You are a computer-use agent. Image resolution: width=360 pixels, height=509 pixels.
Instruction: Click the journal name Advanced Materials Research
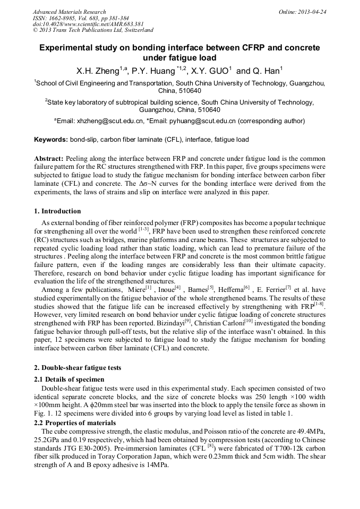(70, 12)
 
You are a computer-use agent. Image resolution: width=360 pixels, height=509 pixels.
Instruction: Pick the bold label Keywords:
(51, 140)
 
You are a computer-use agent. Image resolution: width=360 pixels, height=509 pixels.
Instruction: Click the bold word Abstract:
(49, 159)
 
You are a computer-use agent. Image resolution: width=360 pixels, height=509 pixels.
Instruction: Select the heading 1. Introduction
(57, 211)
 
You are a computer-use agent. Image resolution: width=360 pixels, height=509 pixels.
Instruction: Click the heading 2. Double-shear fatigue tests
(78, 367)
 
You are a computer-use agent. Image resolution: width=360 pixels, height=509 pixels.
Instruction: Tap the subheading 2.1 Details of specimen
(69, 379)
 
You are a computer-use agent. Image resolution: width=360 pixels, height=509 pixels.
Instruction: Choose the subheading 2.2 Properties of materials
(75, 422)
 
